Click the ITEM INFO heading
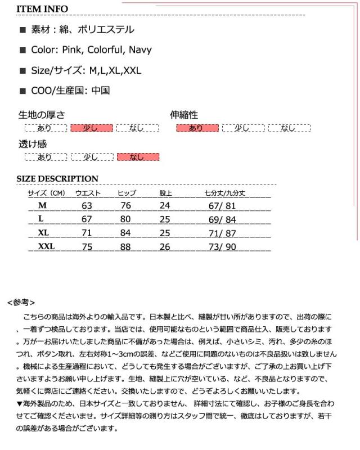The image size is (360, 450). pos(42,9)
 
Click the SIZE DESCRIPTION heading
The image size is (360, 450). pos(57,179)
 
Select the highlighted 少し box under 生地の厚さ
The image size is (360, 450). pos(91,128)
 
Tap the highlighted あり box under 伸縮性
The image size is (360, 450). pos(197,128)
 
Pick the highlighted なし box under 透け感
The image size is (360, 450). pos(137,157)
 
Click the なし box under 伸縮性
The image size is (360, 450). pos(289,128)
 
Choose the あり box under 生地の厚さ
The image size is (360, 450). pos(45,128)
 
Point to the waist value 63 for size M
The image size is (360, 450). pos(87,206)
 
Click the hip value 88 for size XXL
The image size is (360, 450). pos(125,246)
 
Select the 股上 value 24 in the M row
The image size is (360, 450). pos(165,206)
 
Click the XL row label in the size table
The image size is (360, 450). pos(43,233)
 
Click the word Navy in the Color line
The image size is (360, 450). pos(140,49)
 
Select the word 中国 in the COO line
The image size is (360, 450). pos(100,90)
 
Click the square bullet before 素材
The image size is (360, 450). pos(23,30)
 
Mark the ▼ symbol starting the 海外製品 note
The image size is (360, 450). pos(20,404)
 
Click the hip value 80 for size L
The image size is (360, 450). pos(125,219)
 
